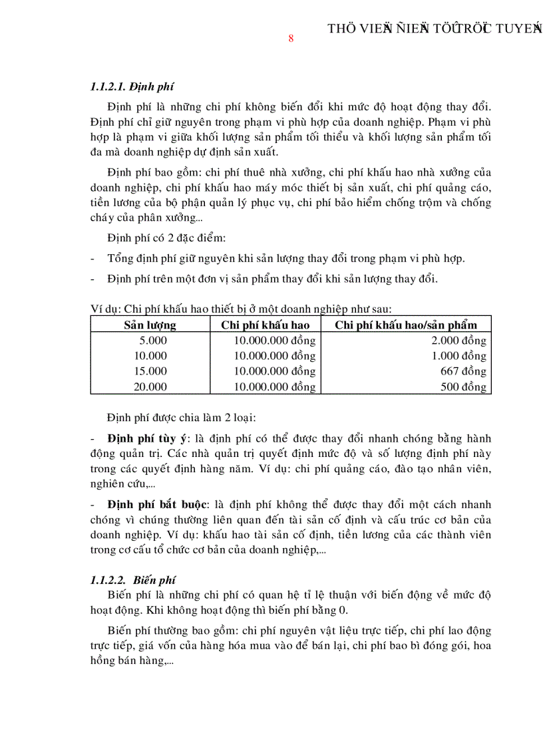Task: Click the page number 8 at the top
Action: pos(291,39)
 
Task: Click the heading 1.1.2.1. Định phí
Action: pos(132,87)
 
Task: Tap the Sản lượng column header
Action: pos(150,325)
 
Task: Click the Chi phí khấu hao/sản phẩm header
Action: pos(406,325)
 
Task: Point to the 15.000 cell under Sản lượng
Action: pos(150,371)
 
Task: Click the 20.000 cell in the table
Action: pos(150,386)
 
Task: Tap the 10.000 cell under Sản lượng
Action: pos(150,356)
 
